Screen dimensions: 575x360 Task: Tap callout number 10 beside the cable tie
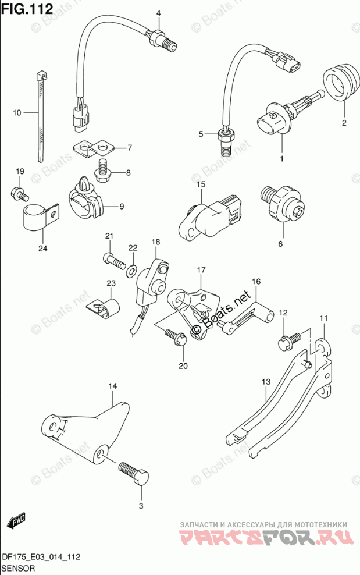click(16, 112)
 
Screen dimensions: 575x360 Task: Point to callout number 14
click(112, 386)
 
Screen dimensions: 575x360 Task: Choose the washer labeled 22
click(133, 269)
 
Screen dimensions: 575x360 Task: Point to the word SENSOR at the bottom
click(19, 567)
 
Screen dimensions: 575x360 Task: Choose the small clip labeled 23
click(104, 306)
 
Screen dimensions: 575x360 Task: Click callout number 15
click(201, 185)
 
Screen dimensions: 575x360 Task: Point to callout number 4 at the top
click(158, 13)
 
